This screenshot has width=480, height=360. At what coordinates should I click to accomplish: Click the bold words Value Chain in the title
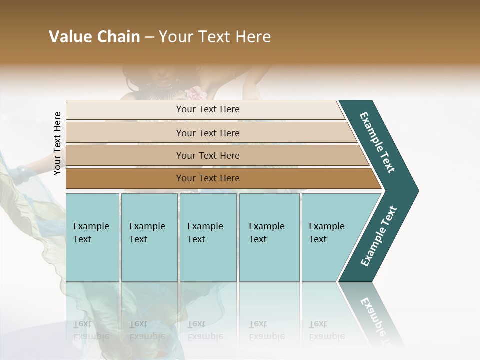[94, 37]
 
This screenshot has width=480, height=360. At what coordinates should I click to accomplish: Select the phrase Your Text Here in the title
[215, 37]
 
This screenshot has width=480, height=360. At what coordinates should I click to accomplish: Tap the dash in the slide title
[149, 37]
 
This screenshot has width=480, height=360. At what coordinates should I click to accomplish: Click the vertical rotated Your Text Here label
[58, 143]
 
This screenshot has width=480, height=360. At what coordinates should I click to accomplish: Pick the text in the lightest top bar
[208, 109]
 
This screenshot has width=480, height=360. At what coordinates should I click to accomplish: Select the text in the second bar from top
[208, 133]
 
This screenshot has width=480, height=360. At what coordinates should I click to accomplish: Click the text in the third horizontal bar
[208, 155]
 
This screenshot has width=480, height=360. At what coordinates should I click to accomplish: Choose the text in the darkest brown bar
[208, 178]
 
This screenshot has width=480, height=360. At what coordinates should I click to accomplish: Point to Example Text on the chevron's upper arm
[377, 142]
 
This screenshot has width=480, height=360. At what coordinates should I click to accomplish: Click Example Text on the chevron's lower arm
[379, 236]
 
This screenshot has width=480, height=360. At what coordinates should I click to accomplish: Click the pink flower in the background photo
[193, 93]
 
